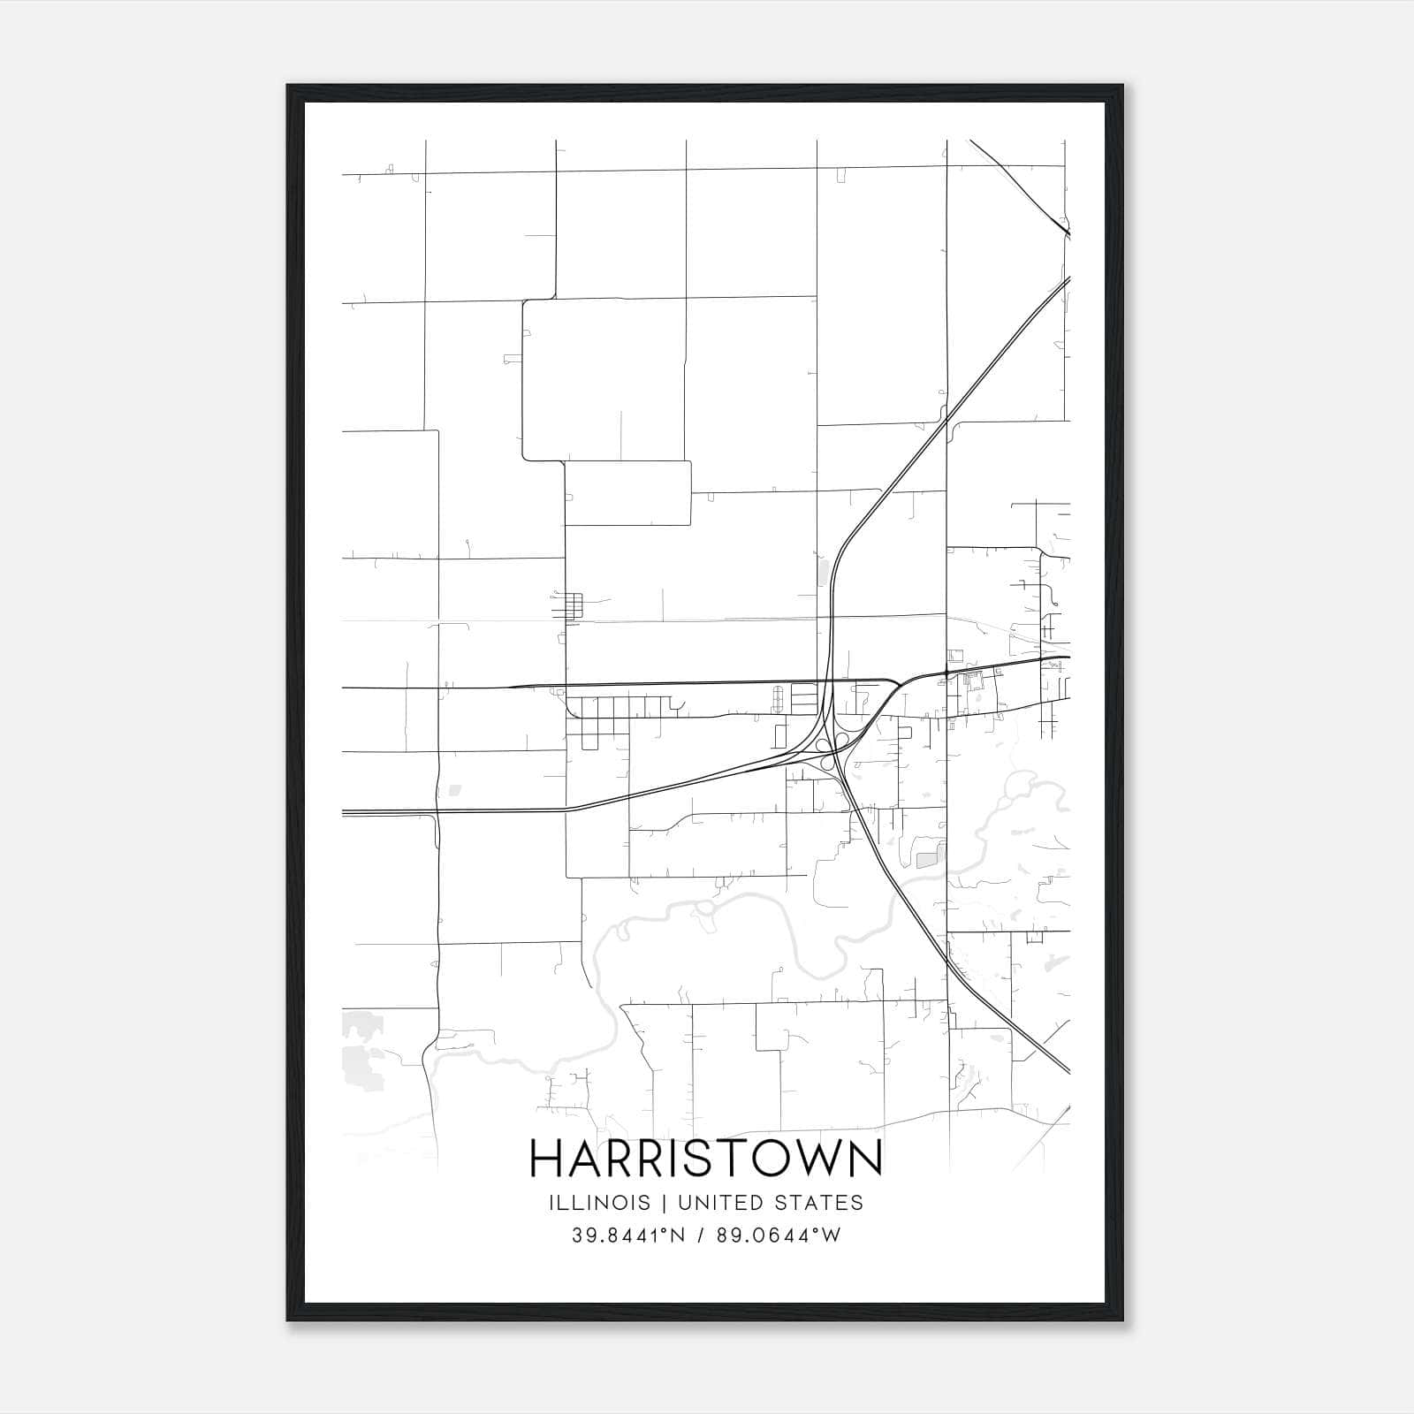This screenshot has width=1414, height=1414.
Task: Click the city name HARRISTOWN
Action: click(705, 1159)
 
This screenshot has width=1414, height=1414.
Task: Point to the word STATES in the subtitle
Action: click(821, 1203)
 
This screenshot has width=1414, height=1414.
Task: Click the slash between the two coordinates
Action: click(702, 1235)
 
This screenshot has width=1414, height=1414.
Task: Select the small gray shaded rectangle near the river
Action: click(926, 860)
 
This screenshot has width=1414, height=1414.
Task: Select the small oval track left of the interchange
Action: click(778, 698)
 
